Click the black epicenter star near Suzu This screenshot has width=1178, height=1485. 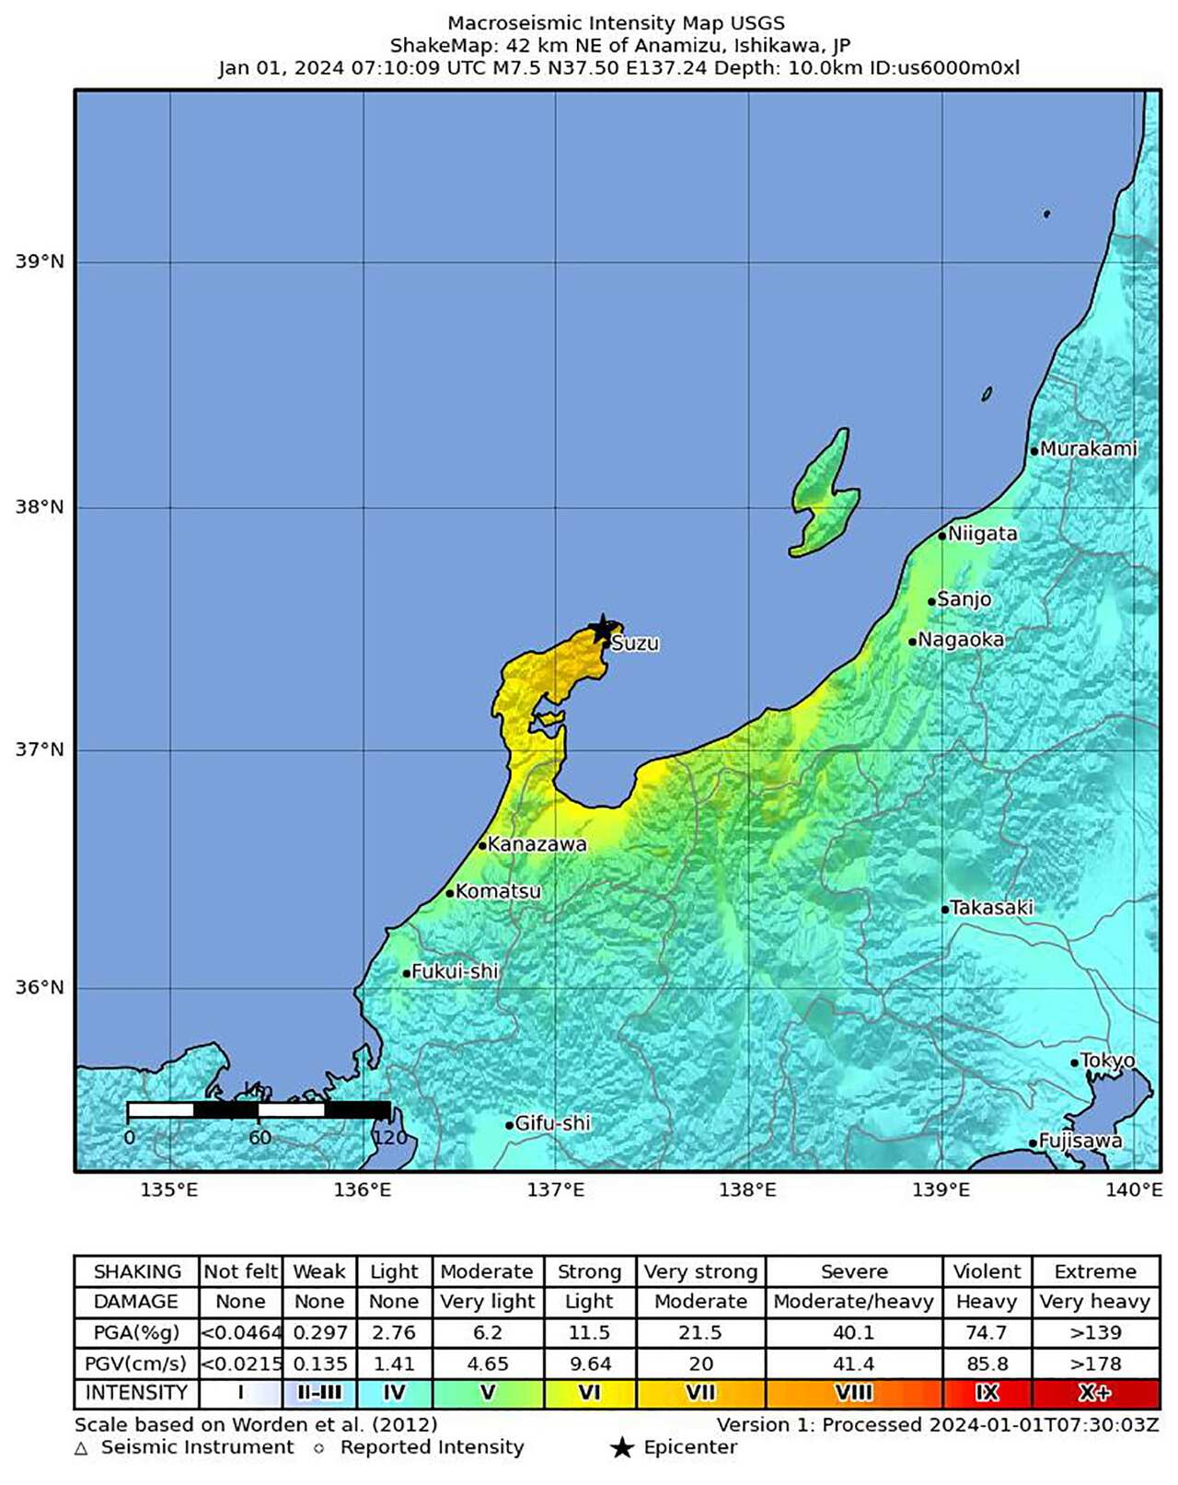click(602, 630)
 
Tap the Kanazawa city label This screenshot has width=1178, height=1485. click(537, 843)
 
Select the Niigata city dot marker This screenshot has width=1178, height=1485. click(941, 536)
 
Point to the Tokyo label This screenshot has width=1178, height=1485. click(1107, 1061)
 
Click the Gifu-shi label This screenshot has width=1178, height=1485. click(552, 1123)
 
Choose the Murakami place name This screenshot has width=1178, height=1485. click(1088, 449)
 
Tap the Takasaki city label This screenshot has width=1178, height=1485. click(991, 908)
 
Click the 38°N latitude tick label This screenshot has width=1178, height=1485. click(40, 507)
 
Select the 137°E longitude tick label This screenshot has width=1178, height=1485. click(555, 1189)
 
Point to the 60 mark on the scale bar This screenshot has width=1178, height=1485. click(260, 1137)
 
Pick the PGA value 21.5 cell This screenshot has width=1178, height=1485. click(700, 1332)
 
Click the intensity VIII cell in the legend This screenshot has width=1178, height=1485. click(853, 1393)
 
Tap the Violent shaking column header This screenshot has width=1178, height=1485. click(987, 1271)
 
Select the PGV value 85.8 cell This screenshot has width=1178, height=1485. click(987, 1363)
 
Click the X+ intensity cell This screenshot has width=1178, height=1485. click(1095, 1393)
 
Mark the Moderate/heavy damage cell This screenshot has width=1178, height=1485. click(853, 1302)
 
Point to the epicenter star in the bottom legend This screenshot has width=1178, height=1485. click(622, 1448)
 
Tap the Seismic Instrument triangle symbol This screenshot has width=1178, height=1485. click(81, 1449)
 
